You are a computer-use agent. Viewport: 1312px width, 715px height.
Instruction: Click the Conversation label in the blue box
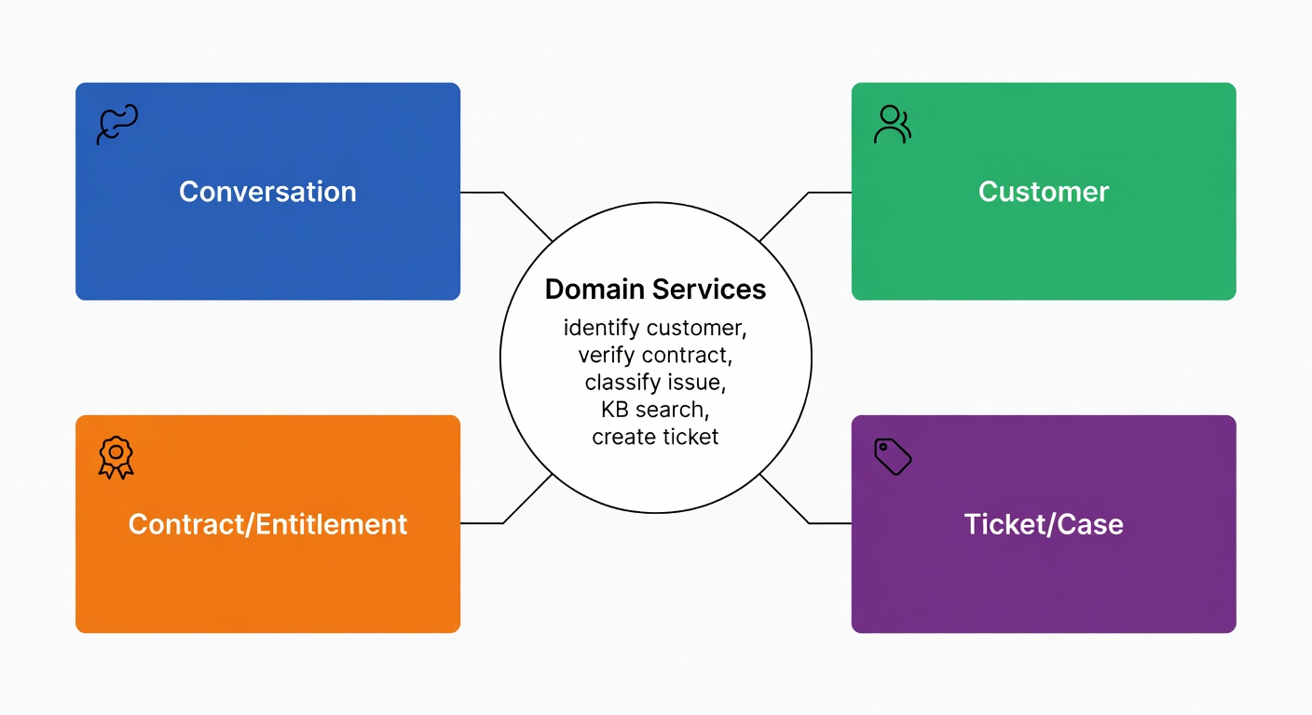pyautogui.click(x=267, y=192)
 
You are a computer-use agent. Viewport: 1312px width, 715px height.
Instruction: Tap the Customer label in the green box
pyautogui.click(x=1044, y=192)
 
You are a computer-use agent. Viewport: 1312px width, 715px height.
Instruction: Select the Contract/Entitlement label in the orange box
pyautogui.click(x=267, y=524)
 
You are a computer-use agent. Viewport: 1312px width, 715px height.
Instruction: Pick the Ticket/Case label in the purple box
pyautogui.click(x=1044, y=524)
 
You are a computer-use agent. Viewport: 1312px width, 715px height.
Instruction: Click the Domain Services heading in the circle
pyautogui.click(x=655, y=290)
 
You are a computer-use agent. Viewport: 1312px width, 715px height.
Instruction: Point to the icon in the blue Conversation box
pyautogui.click(x=117, y=125)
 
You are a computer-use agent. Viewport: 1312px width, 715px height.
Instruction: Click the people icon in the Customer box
pyautogui.click(x=892, y=125)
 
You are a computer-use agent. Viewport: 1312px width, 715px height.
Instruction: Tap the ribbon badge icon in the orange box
pyautogui.click(x=116, y=457)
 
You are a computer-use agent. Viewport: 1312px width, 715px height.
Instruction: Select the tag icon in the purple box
pyautogui.click(x=892, y=457)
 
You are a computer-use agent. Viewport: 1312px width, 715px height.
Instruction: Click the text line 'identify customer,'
pyautogui.click(x=655, y=328)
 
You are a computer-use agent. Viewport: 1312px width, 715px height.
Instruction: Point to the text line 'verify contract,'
pyautogui.click(x=655, y=355)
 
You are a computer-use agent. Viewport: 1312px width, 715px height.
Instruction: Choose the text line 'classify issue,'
pyautogui.click(x=655, y=382)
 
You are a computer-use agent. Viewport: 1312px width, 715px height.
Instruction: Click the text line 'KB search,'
pyautogui.click(x=655, y=410)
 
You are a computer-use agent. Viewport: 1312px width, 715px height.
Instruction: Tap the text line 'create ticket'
pyautogui.click(x=655, y=437)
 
